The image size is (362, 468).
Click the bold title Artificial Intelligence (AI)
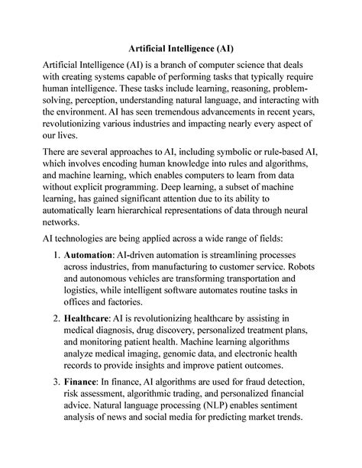pos(181,47)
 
